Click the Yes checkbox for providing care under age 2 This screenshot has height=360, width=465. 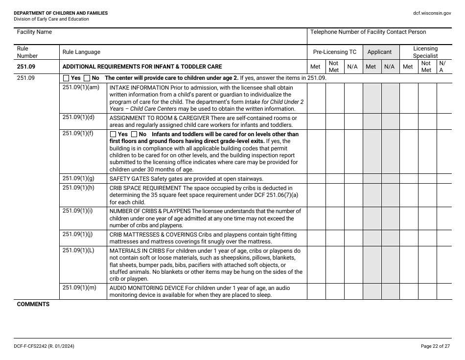66,78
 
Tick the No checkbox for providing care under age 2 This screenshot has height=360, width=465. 87,78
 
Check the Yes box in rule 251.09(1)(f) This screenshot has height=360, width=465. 113,134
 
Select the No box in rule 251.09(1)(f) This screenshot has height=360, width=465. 134,134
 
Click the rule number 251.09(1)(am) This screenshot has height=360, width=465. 81,88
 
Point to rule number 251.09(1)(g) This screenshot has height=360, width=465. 78,178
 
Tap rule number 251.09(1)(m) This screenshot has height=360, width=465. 79,288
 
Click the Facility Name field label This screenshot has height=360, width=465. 34,32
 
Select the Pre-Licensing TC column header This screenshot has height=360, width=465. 335,52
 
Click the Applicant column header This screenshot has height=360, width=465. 379,52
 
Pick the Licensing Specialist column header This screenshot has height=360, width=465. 425,52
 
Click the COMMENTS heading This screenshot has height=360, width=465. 33,304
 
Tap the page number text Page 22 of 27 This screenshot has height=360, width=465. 435,346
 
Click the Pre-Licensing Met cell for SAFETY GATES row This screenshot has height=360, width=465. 316,179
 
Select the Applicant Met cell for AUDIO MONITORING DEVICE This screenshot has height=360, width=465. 372,291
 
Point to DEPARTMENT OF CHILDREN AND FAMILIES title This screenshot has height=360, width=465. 61,13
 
